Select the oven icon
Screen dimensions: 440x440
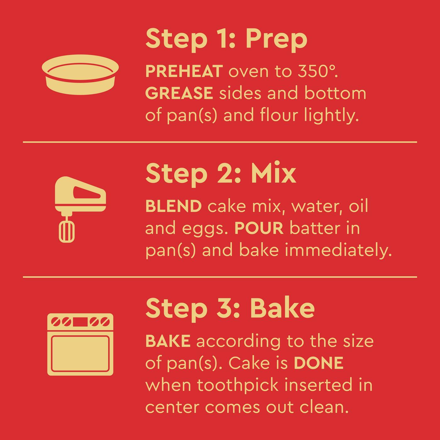(80, 344)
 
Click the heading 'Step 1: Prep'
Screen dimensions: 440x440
(226, 39)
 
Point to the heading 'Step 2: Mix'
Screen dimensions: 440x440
(221, 173)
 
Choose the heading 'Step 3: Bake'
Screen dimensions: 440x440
(230, 308)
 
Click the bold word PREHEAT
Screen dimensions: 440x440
(184, 72)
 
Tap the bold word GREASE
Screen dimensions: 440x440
(179, 93)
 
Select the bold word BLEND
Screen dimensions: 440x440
(173, 206)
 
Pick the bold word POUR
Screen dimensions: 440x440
(259, 228)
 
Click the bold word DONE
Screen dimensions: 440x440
(318, 363)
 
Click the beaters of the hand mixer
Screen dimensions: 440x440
(67, 231)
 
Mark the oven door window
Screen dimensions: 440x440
(80, 354)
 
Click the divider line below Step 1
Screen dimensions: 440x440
(220, 142)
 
